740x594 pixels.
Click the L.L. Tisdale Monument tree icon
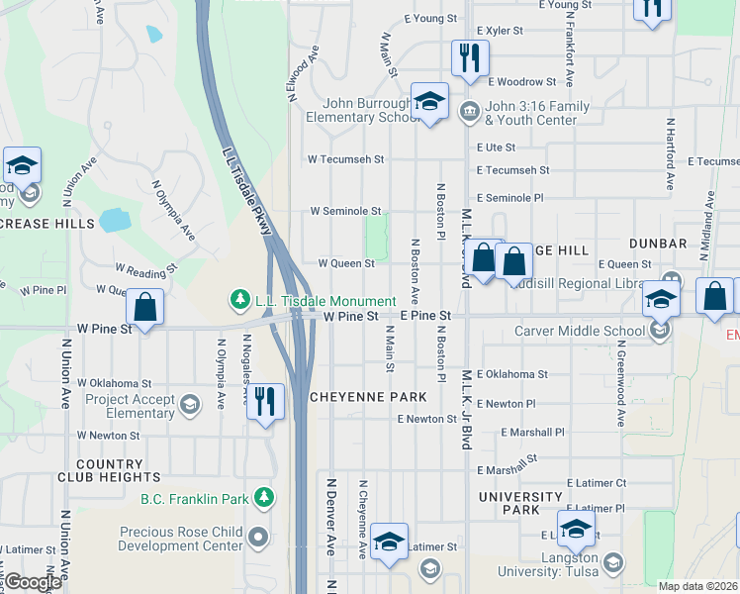238,298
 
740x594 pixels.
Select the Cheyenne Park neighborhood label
368,397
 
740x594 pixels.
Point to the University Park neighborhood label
519,503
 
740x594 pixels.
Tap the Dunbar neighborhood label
657,244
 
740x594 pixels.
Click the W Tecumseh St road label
344,158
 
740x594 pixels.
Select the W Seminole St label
345,211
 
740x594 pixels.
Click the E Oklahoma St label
511,374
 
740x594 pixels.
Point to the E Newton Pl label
506,404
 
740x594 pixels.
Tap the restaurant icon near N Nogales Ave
263,401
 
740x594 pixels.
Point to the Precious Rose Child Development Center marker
258,539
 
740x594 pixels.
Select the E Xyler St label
499,31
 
